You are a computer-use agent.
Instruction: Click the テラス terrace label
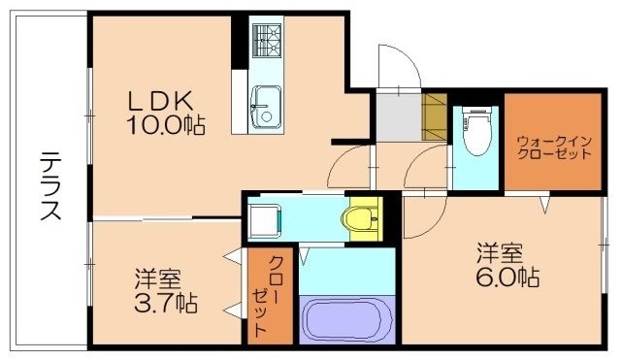point(51,185)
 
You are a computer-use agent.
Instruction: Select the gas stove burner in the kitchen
point(266,40)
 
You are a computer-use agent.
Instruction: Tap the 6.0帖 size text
point(508,278)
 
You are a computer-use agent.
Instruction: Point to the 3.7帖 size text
point(165,304)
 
